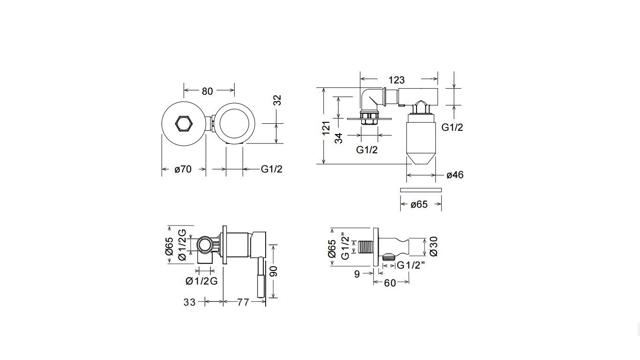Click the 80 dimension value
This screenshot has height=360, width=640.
[208, 91]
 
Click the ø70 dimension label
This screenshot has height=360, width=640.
[183, 169]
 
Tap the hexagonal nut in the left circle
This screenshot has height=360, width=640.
[184, 124]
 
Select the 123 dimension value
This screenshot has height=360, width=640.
[396, 80]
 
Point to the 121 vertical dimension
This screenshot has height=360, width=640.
[326, 128]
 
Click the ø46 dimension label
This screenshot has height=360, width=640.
[455, 175]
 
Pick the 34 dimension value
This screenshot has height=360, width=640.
[338, 139]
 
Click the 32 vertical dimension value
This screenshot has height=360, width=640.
[277, 100]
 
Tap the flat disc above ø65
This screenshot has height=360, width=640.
[421, 190]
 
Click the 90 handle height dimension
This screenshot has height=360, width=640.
[274, 271]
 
